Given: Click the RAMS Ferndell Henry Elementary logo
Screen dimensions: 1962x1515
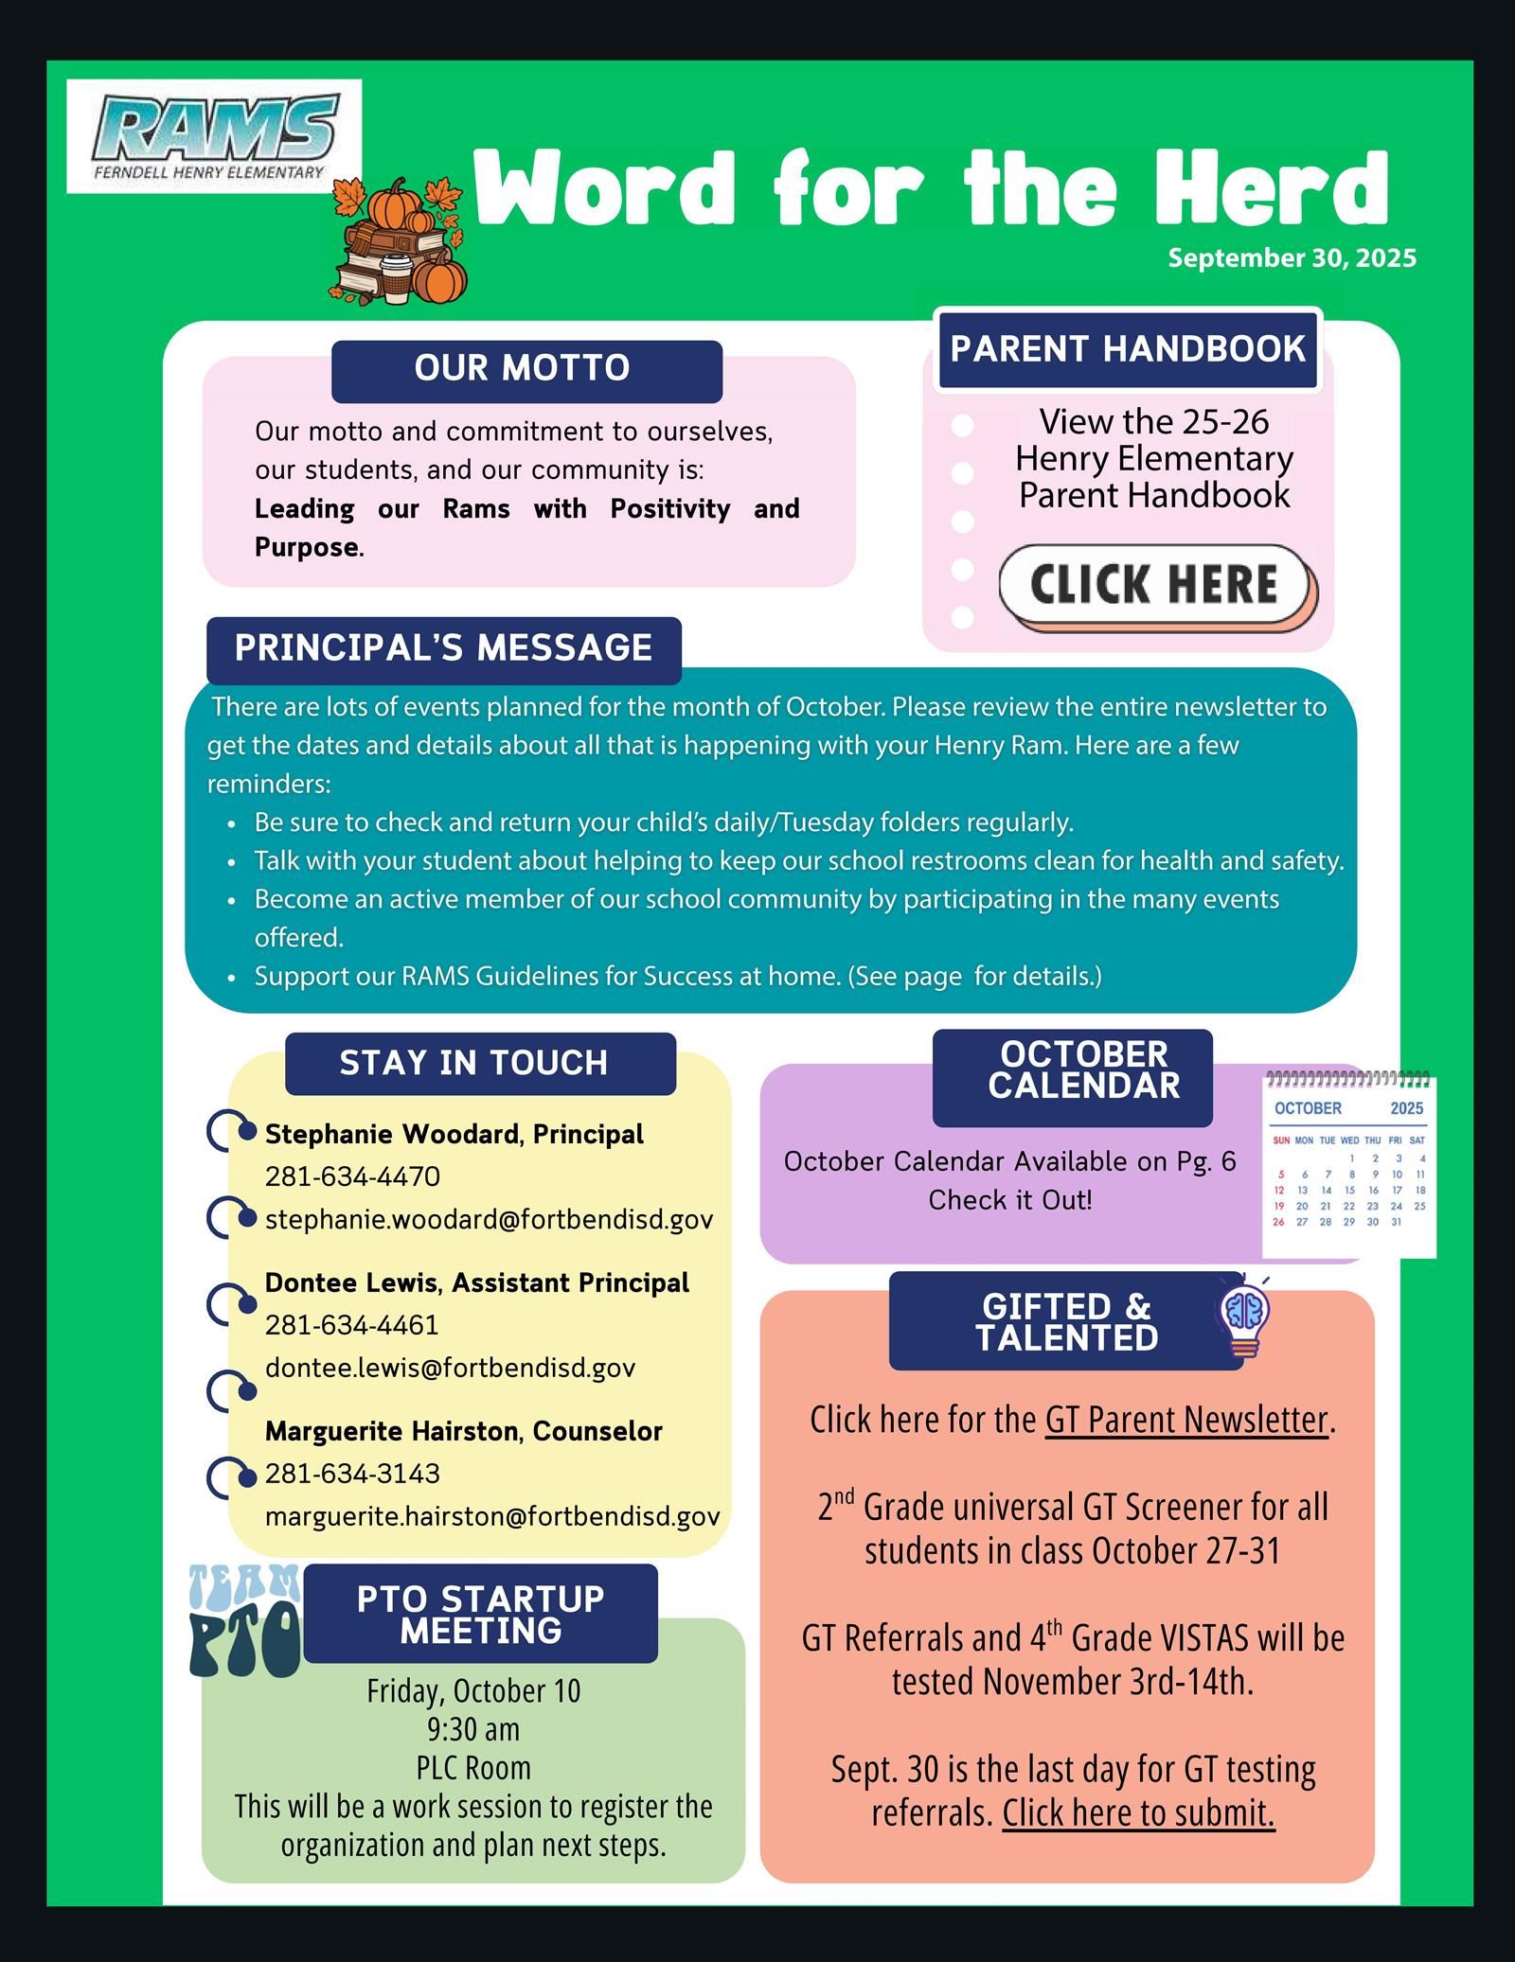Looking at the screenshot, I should click(214, 135).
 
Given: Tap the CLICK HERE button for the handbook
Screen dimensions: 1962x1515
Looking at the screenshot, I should click(1154, 584).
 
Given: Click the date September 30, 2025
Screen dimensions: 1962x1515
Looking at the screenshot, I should click(1292, 257).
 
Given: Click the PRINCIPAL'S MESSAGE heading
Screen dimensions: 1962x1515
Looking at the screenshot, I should click(443, 648).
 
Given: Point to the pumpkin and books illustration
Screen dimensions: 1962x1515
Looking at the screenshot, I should click(400, 241).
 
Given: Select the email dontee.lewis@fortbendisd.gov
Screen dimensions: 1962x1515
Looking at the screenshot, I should click(450, 1368).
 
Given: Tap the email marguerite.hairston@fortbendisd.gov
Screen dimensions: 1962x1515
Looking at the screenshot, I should click(492, 1516).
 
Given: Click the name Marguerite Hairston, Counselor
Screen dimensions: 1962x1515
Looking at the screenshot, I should click(463, 1431).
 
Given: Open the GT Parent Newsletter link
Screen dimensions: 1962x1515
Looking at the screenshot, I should click(1186, 1420).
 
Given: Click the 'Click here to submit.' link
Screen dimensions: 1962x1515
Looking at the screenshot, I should click(1138, 1812).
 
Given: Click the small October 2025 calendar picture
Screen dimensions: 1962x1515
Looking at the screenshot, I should click(1348, 1165).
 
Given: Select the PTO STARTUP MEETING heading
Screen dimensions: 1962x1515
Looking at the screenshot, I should click(480, 1615).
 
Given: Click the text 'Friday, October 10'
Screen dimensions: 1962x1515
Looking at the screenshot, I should click(473, 1690).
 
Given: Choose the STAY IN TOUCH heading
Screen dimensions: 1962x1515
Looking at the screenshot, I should click(473, 1063).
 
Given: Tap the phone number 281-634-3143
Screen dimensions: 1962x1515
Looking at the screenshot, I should click(352, 1474).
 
